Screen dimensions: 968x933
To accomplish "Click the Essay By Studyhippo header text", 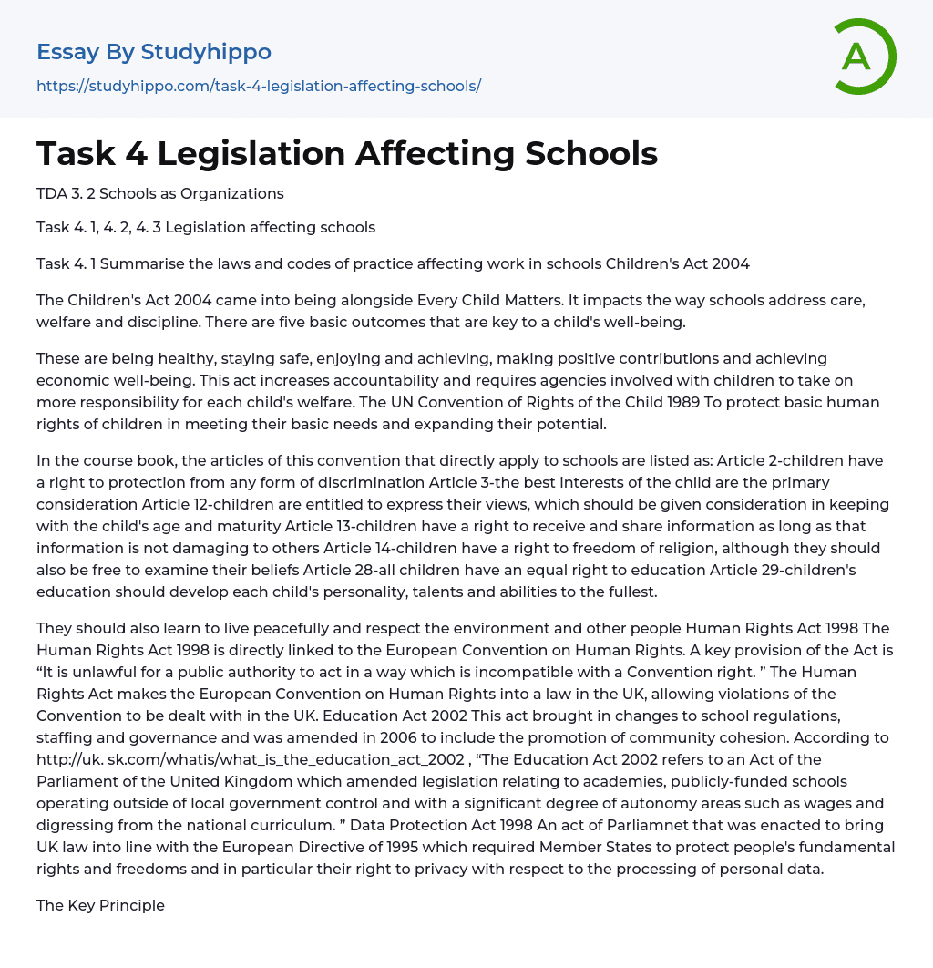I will tap(154, 52).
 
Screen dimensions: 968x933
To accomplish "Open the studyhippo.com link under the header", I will tap(259, 87).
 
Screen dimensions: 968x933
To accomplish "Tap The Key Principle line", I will tap(100, 905).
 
